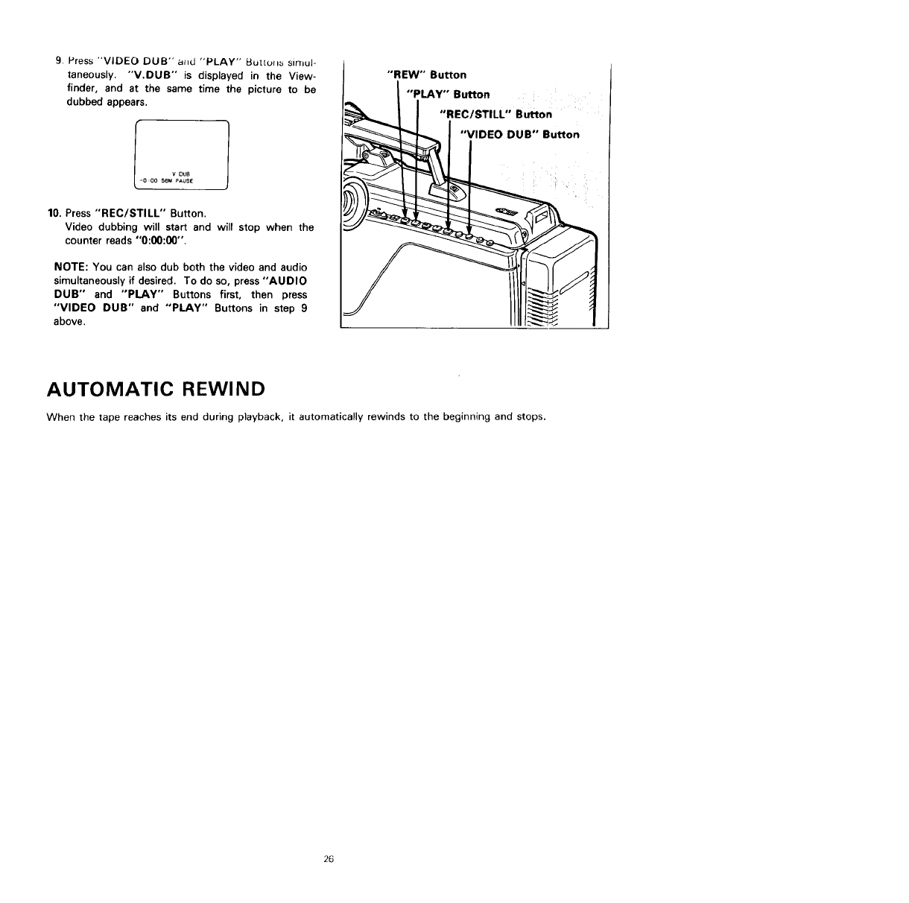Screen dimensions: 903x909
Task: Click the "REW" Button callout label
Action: pos(428,75)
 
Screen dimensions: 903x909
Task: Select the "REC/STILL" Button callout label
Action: pos(495,115)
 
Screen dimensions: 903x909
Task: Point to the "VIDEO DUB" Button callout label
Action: pos(520,135)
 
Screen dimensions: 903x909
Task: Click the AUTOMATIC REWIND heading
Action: pos(156,390)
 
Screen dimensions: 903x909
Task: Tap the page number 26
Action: pos(329,859)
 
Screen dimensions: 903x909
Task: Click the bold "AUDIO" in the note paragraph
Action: pos(287,281)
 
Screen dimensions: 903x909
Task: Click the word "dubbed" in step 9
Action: pos(83,103)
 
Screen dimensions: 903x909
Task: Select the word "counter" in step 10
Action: pos(83,241)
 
